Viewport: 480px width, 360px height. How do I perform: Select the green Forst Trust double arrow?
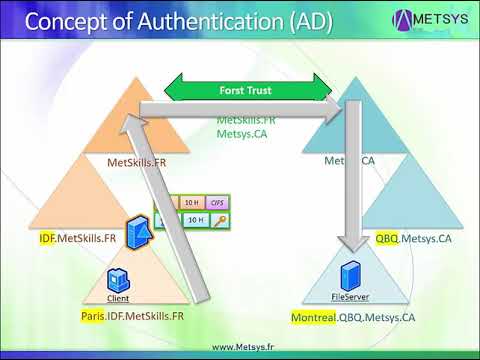[246, 91]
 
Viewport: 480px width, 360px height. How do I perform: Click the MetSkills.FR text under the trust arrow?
[245, 119]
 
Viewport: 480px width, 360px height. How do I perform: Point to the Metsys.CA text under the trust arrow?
[239, 132]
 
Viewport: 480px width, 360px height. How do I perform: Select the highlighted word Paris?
[93, 315]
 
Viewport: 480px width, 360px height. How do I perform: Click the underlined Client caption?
[118, 298]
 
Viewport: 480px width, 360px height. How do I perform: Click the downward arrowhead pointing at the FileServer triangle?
[351, 243]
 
